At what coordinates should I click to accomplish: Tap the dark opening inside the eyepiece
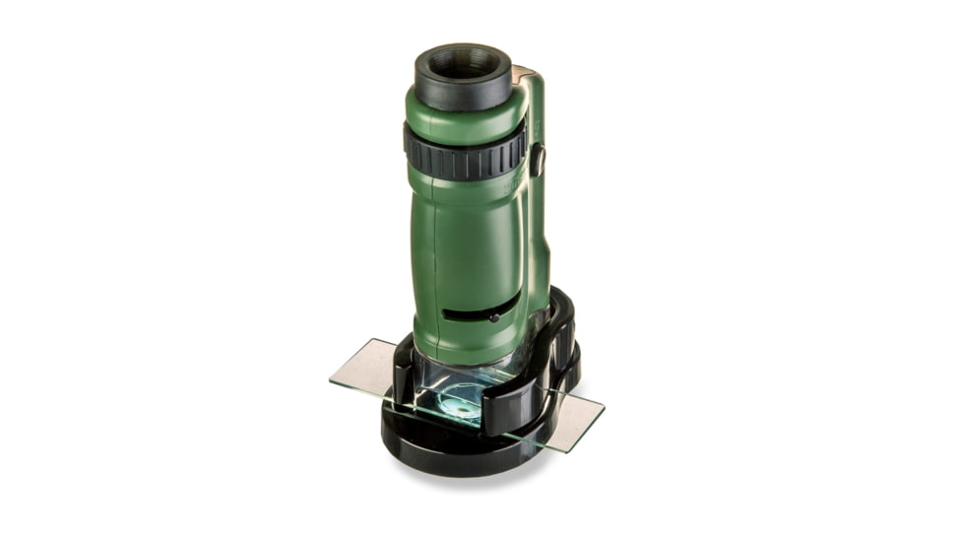[x=463, y=63]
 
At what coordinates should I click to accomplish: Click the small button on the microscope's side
[x=538, y=160]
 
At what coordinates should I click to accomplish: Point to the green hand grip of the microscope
[x=463, y=246]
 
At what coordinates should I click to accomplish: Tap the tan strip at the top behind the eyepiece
[x=523, y=75]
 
